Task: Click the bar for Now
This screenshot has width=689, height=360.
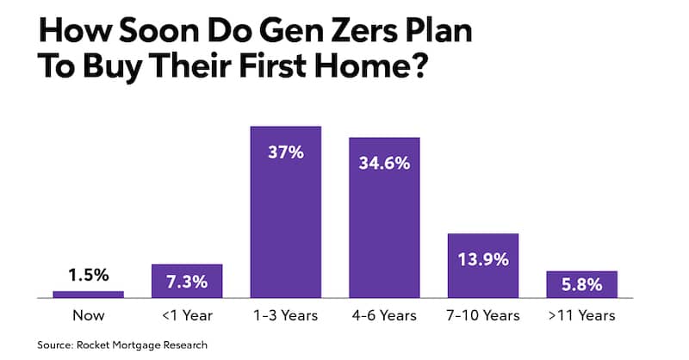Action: pyautogui.click(x=88, y=294)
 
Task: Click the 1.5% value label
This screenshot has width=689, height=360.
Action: pyautogui.click(x=88, y=276)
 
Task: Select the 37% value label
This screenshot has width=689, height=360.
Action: pyautogui.click(x=285, y=153)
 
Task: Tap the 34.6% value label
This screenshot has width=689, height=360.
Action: pyautogui.click(x=384, y=164)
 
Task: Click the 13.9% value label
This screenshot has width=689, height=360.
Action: pyautogui.click(x=483, y=259)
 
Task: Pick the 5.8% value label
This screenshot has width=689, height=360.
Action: pyautogui.click(x=581, y=285)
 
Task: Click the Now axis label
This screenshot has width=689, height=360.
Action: pyautogui.click(x=88, y=315)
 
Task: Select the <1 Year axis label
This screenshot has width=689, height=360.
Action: pyautogui.click(x=187, y=315)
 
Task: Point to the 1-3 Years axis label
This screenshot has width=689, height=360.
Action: pyautogui.click(x=285, y=315)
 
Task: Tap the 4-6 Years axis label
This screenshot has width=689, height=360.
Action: pyautogui.click(x=384, y=315)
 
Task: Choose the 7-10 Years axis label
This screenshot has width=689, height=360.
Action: pyautogui.click(x=483, y=315)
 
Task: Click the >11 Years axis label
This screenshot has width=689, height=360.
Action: pyautogui.click(x=581, y=315)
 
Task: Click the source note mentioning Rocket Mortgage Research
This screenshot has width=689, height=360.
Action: pyautogui.click(x=122, y=345)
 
